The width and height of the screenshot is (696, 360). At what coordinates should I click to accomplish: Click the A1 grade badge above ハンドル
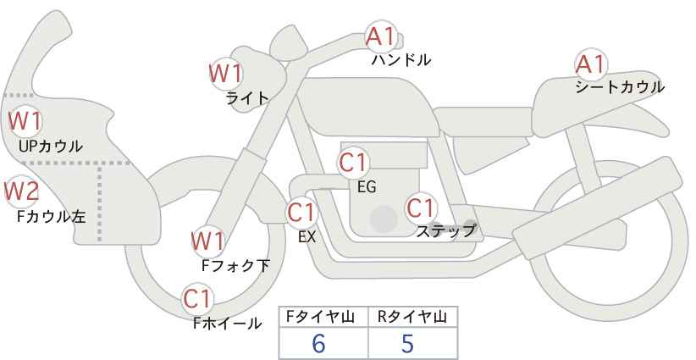[379, 36]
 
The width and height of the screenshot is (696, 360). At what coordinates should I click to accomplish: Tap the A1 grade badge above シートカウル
[589, 64]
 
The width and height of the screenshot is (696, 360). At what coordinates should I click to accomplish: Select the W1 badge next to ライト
[225, 74]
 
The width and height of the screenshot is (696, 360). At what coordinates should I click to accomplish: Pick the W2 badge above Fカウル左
[21, 192]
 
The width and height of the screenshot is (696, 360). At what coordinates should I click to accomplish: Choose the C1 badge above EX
[301, 212]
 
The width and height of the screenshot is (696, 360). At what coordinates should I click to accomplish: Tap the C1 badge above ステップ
[420, 207]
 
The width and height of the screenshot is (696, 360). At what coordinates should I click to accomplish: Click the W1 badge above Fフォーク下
[207, 241]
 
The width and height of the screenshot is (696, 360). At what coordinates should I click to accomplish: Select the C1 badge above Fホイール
[198, 298]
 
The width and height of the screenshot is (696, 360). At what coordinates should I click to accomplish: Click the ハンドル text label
[401, 60]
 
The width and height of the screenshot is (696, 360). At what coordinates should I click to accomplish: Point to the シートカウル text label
[619, 86]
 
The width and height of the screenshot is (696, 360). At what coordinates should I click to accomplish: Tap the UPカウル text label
[50, 146]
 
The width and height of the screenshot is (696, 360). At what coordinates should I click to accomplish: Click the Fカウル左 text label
[52, 216]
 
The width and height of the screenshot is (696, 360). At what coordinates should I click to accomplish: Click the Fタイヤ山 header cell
[323, 317]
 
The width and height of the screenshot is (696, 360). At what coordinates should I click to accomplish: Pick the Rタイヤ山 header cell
[412, 317]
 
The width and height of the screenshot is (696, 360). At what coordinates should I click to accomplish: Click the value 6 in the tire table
[319, 343]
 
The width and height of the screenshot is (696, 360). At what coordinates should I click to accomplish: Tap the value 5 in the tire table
[407, 343]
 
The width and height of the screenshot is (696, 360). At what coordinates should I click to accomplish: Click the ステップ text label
[445, 229]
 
